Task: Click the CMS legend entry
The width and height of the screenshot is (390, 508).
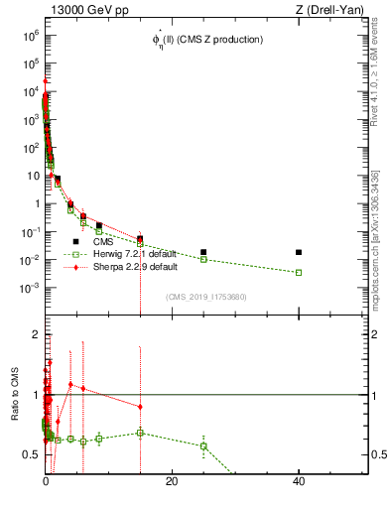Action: click(x=103, y=241)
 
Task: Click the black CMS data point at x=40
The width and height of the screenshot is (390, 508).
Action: click(x=299, y=252)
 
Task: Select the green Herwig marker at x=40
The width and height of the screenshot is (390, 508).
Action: click(x=299, y=272)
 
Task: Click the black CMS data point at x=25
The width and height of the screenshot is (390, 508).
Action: click(x=203, y=252)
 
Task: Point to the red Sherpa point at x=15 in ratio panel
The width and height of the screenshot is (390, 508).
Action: click(x=140, y=407)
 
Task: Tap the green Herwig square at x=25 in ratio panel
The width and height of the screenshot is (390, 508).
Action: click(x=203, y=445)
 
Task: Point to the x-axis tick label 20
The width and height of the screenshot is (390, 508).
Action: click(x=172, y=481)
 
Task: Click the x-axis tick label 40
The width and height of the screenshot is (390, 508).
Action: click(x=299, y=481)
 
